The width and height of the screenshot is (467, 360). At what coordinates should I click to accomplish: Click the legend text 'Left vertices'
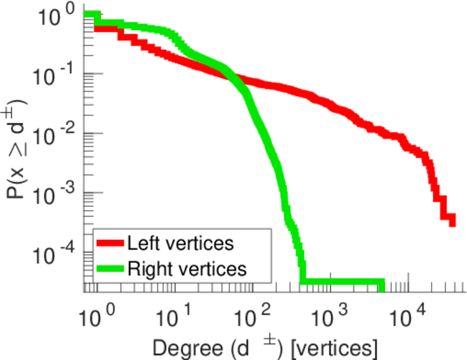pos(179,244)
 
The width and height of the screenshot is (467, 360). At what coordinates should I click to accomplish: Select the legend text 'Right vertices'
pos(186,269)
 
